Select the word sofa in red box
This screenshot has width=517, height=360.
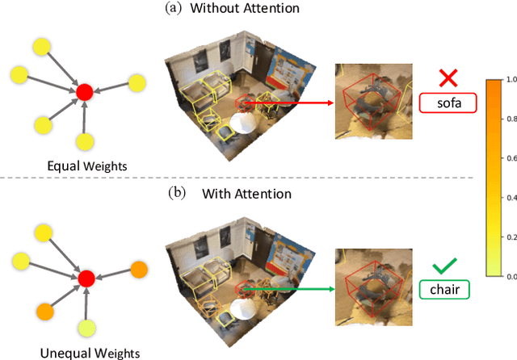(x=448, y=103)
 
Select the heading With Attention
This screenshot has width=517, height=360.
(x=248, y=194)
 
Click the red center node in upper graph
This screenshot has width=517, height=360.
(x=84, y=92)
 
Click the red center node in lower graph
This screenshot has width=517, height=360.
(x=86, y=279)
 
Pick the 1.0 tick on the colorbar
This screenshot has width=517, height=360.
(x=510, y=80)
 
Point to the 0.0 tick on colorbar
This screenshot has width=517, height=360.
(x=510, y=276)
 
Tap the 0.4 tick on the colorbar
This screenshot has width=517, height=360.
(x=510, y=198)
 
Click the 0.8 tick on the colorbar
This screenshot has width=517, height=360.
(x=510, y=119)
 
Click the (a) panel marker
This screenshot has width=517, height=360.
(x=174, y=9)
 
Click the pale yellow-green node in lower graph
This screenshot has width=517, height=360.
(x=86, y=328)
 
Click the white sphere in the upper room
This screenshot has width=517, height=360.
(x=245, y=123)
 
